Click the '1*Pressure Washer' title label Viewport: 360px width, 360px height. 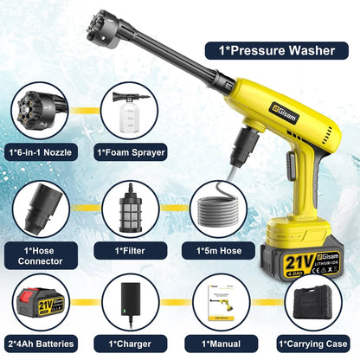tap(271, 49)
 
